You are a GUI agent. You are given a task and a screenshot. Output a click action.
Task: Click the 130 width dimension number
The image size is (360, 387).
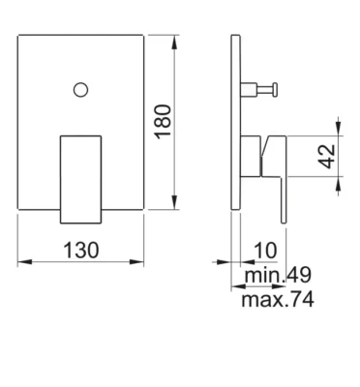81,251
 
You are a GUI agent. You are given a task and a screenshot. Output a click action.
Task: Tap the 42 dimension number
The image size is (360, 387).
328,157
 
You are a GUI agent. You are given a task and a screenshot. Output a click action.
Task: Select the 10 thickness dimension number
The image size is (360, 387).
265,251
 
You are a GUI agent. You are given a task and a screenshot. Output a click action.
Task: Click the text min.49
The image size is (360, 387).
278,275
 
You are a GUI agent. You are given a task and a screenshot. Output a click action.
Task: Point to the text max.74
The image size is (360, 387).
278,300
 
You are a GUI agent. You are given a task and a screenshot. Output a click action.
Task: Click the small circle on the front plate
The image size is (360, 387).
80,90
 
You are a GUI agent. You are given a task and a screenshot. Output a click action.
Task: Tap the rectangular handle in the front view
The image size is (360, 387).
81,179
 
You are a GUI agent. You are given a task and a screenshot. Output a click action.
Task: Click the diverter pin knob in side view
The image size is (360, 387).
275,89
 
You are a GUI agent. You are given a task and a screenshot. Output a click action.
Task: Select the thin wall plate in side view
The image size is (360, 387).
236,122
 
